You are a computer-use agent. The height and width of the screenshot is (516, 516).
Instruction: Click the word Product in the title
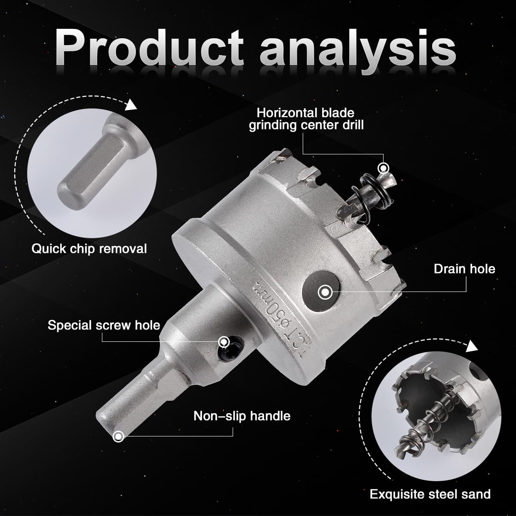pos(149,48)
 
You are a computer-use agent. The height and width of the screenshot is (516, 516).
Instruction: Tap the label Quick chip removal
pos(89,249)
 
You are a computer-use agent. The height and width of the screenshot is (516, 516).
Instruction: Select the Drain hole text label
pos(464,269)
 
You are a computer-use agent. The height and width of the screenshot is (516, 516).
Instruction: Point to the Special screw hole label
pos(104,326)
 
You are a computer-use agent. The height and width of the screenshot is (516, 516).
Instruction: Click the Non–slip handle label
pos(242,416)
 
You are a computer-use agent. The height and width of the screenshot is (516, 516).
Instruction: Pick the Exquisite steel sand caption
pos(430,494)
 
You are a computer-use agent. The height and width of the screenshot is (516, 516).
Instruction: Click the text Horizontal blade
pos(306,113)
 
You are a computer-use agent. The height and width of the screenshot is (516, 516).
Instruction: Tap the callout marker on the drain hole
pos(325,292)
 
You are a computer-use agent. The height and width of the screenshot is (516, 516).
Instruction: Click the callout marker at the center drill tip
pos(384,168)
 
